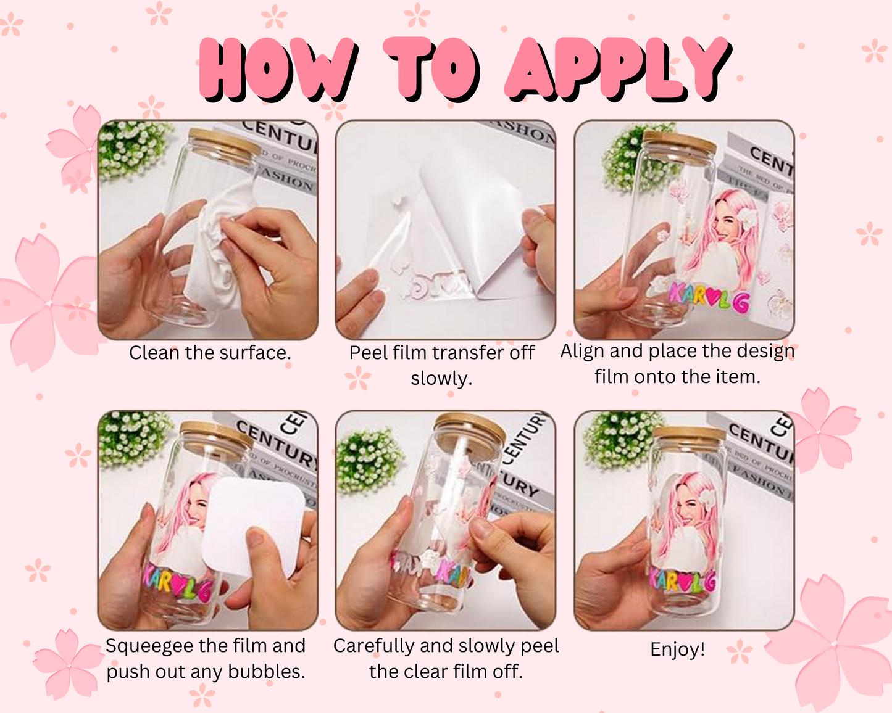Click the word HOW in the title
278,69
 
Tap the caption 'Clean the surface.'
210,353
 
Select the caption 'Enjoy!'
677,649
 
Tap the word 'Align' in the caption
582,351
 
